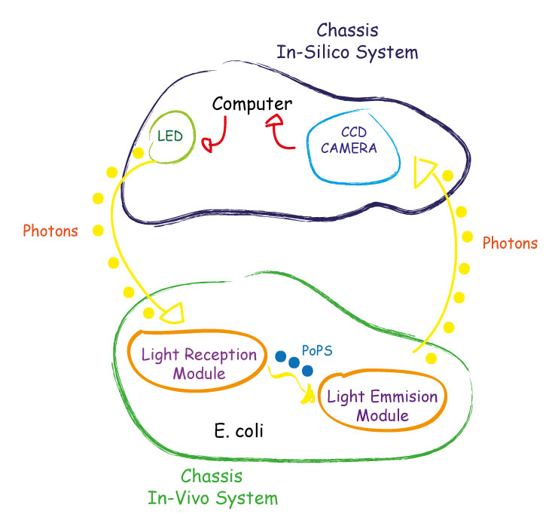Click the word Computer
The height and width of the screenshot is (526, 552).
pyautogui.click(x=252, y=103)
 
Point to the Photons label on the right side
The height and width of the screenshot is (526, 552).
pyautogui.click(x=510, y=243)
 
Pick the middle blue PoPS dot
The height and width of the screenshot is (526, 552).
pyautogui.click(x=294, y=362)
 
